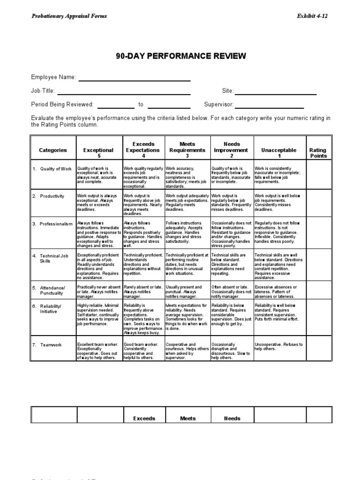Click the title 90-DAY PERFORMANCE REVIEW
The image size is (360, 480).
[180, 56]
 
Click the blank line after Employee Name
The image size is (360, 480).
[134, 80]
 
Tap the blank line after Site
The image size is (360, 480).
[276, 94]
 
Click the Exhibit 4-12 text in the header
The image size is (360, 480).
[312, 16]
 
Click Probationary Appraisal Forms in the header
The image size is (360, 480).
[69, 16]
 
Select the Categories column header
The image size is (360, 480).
[52, 150]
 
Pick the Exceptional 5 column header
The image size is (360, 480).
[98, 152]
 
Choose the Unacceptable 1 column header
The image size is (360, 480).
[280, 152]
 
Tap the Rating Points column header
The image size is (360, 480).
[318, 153]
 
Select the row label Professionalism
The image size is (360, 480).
[52, 224]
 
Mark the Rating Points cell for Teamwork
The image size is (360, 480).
[318, 348]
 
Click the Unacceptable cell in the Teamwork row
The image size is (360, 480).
[280, 348]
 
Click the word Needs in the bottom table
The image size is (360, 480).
[232, 419]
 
